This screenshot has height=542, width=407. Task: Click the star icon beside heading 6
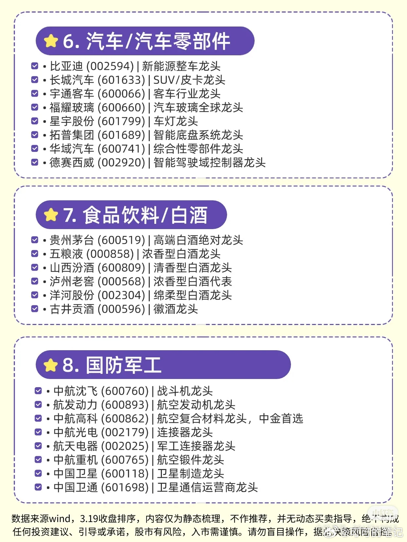(x=51, y=41)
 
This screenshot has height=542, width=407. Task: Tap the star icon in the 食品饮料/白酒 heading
(x=51, y=215)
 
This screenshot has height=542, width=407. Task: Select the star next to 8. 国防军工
(x=51, y=365)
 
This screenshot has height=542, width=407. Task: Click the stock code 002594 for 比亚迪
(x=110, y=66)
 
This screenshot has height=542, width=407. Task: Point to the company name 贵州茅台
(x=72, y=240)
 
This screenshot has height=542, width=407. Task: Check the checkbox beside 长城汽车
(x=34, y=80)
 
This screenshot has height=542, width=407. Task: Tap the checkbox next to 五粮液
(x=34, y=254)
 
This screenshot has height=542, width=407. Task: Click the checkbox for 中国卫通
(x=38, y=487)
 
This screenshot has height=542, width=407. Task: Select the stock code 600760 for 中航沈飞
(x=125, y=391)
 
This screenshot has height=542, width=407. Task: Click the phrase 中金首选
(x=281, y=418)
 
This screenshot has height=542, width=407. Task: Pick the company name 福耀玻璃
(x=72, y=107)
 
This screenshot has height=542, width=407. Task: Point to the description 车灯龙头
(x=176, y=121)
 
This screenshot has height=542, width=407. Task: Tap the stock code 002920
(x=121, y=162)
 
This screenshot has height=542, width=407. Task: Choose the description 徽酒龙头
(x=176, y=309)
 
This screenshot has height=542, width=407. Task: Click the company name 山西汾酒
(x=72, y=268)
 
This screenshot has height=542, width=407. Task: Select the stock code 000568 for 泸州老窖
(x=121, y=281)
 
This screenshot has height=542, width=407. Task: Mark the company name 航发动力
(x=75, y=405)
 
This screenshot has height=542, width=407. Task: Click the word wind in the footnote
(x=59, y=518)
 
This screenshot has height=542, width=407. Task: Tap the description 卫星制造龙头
(x=190, y=473)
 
